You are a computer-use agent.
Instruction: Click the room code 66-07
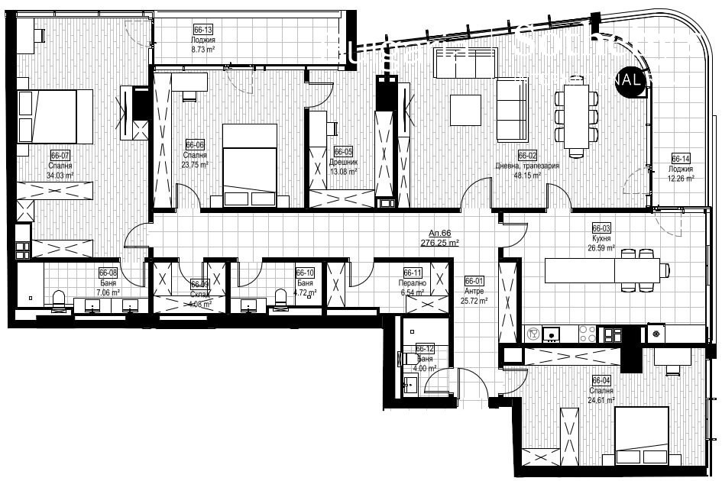pos(60,155)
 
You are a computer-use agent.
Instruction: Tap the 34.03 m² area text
pos(60,175)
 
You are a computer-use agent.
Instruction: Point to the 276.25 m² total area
pos(439,243)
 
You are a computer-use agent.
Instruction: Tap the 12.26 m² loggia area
pos(680,179)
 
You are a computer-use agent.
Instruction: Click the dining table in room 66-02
pos(577,115)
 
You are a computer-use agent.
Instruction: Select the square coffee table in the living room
pos(465,109)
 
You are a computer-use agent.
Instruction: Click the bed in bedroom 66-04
pos(641,435)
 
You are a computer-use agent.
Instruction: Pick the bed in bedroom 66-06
pos(249,166)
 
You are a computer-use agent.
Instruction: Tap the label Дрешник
pos(344,162)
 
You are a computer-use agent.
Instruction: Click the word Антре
pos(474,290)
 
